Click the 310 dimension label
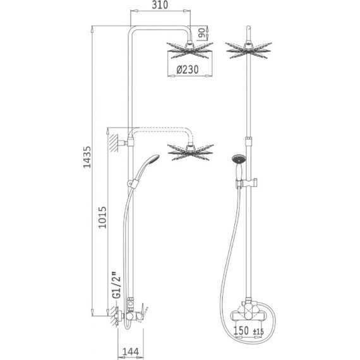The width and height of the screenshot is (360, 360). coord(160,5)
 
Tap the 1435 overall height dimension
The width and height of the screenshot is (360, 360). coord(87,157)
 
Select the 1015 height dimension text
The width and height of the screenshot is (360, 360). coord(102,217)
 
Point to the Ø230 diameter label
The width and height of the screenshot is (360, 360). coord(187,69)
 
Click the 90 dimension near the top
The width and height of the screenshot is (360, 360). coord(201,33)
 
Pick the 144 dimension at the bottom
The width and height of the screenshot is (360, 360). coord(130,352)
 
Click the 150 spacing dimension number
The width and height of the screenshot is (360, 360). coord(241,331)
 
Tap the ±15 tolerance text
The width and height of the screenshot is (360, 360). coord(258,332)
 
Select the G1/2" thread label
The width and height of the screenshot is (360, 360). coord(117,285)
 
